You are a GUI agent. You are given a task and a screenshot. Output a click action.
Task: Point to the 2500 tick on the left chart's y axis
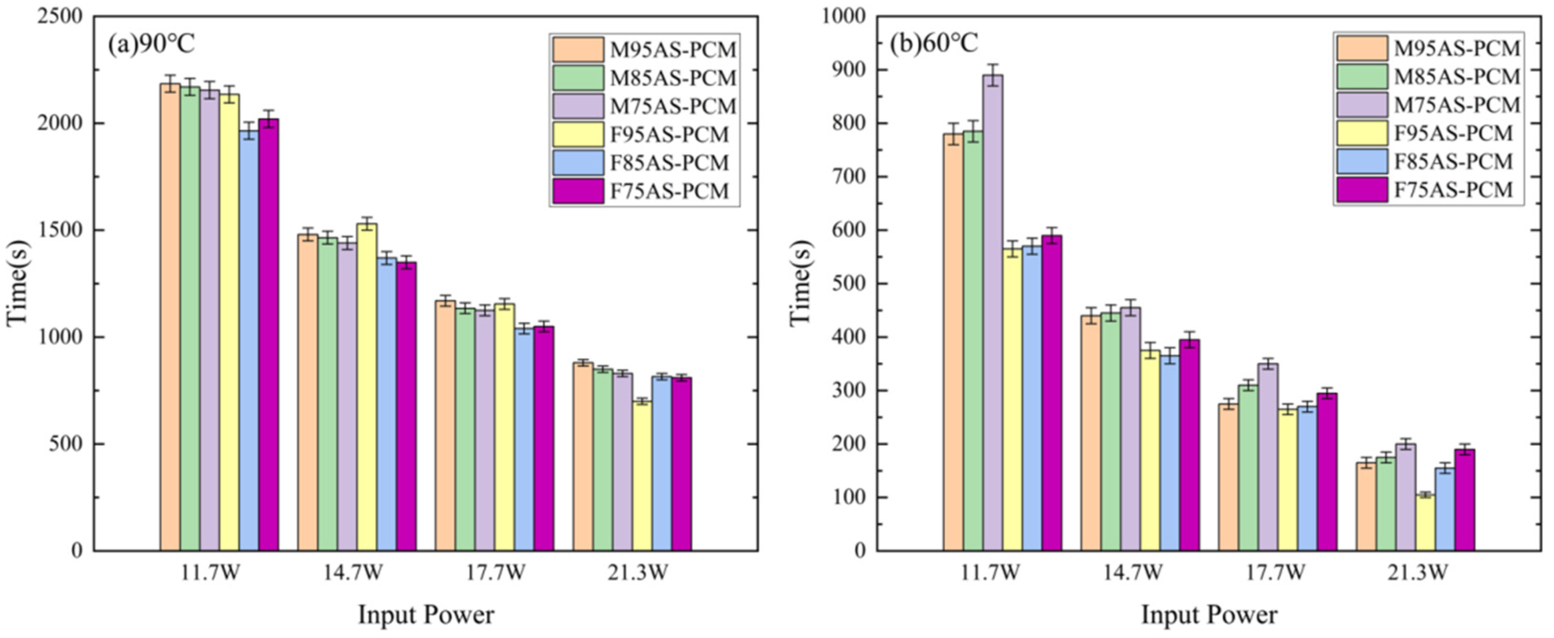[x=60, y=16]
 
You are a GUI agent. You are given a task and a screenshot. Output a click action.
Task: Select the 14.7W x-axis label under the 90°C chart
[x=353, y=572]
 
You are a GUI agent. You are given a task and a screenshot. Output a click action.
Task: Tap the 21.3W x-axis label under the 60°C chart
[x=1417, y=572]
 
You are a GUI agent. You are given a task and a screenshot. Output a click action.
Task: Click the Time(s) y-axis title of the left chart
[x=18, y=283]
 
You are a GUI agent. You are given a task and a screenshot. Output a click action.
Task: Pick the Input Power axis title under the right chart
[x=1209, y=615]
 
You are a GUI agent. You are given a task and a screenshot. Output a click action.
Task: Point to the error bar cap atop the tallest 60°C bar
[x=992, y=65]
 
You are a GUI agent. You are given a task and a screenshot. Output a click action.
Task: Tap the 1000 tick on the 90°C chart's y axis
[x=60, y=337]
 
